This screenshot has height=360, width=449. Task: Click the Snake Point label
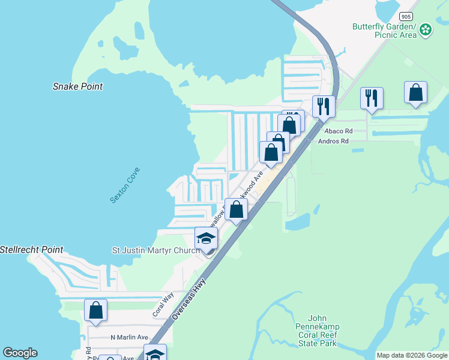click(77, 86)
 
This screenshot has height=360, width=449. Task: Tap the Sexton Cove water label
click(125, 184)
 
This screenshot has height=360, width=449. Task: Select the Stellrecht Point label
click(31, 249)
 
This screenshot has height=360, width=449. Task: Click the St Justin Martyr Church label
click(156, 250)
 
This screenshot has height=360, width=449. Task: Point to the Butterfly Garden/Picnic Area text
click(384, 31)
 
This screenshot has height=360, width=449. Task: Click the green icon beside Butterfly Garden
click(426, 29)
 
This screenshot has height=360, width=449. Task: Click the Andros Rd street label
click(336, 142)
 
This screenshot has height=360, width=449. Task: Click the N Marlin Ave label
click(129, 337)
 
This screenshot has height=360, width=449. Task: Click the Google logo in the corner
click(20, 353)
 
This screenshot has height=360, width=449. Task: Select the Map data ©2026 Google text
click(412, 355)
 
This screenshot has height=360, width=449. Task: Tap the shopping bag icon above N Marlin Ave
click(95, 310)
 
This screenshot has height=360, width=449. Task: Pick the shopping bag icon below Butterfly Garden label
click(415, 92)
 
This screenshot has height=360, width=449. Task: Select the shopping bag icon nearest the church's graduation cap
click(236, 209)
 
